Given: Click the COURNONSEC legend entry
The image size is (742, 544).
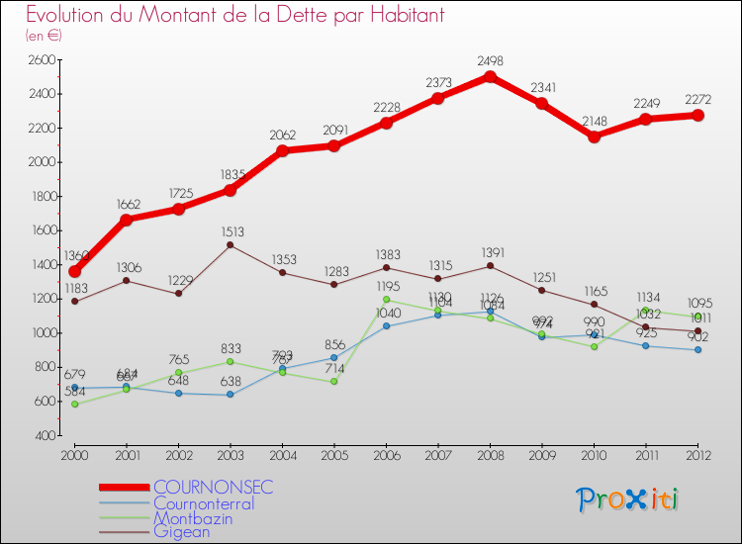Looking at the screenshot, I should (x=212, y=488).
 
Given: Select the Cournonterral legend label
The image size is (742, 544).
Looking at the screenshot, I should (x=203, y=502).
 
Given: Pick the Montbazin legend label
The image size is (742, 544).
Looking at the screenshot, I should (x=194, y=517).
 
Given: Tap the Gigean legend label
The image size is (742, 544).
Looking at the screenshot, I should (x=182, y=532).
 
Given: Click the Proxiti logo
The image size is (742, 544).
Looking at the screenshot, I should (x=628, y=499).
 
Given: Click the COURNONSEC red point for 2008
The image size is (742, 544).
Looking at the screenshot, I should (x=491, y=76).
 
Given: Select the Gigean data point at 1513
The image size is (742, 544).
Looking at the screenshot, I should (x=231, y=244).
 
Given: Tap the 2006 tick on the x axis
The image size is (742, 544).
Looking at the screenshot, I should (x=386, y=454).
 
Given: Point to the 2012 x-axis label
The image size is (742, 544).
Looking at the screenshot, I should (x=697, y=454).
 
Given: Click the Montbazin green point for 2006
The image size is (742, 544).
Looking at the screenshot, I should (x=386, y=299).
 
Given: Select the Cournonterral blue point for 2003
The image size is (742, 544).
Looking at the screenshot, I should (x=231, y=395).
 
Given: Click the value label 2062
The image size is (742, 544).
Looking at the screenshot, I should (x=282, y=134).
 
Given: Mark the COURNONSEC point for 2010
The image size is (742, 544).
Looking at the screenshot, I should (x=595, y=136).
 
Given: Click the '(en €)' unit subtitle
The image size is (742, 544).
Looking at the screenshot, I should (x=44, y=35).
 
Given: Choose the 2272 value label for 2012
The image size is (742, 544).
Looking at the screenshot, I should (x=698, y=98).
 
